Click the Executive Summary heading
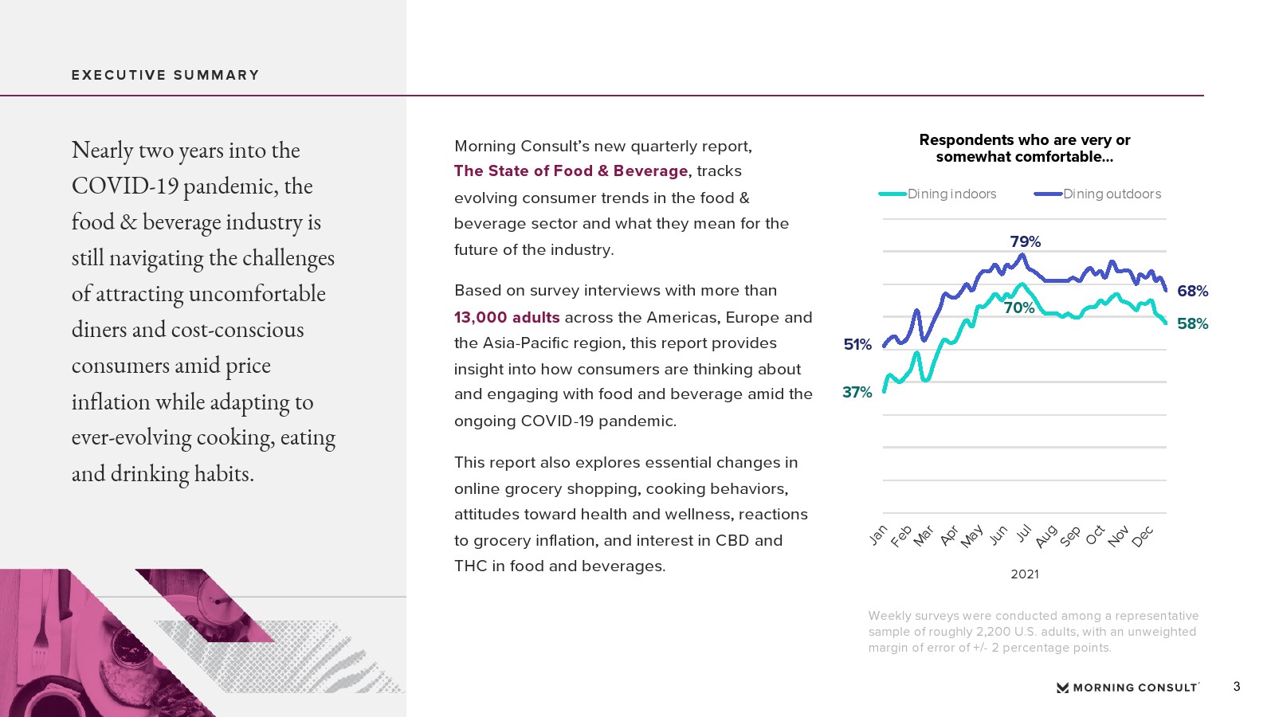tap(166, 75)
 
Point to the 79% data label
tap(1025, 241)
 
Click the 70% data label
tap(1019, 308)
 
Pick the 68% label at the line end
tap(1192, 292)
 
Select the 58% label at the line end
tap(1192, 323)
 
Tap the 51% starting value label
tap(857, 344)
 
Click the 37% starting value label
tap(857, 392)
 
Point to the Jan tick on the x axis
tap(878, 535)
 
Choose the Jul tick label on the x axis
tap(1023, 533)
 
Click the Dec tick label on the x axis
tap(1143, 536)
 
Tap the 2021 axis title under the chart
tap(1024, 574)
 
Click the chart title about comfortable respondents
tap(1024, 148)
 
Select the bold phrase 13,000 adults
tap(507, 317)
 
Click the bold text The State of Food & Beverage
tap(571, 170)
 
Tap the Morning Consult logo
tap(1128, 688)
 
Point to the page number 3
tap(1237, 687)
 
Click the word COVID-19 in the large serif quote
tap(125, 186)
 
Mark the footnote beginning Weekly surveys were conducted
tap(1033, 632)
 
